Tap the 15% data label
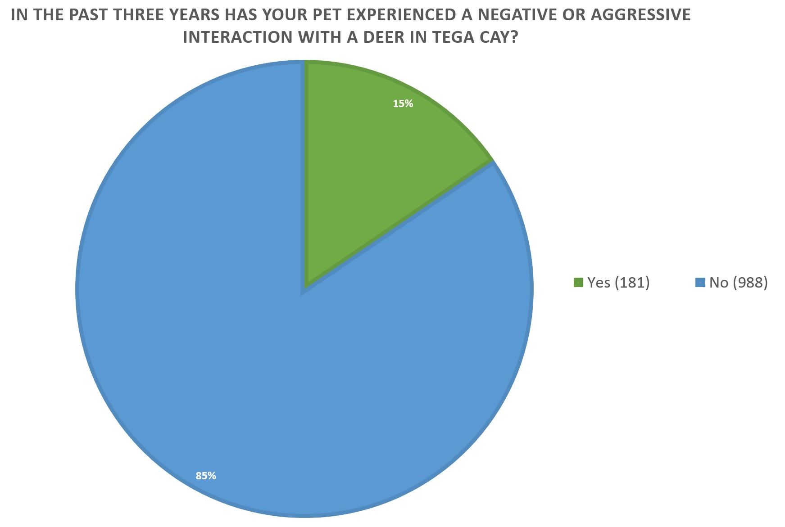pyautogui.click(x=403, y=104)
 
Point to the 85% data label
pyautogui.click(x=206, y=476)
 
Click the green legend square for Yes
pyautogui.click(x=578, y=283)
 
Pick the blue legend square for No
pyautogui.click(x=700, y=283)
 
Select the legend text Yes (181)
pyautogui.click(x=618, y=283)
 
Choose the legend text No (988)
pyautogui.click(x=738, y=283)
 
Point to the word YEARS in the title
pyautogui.click(x=195, y=15)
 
